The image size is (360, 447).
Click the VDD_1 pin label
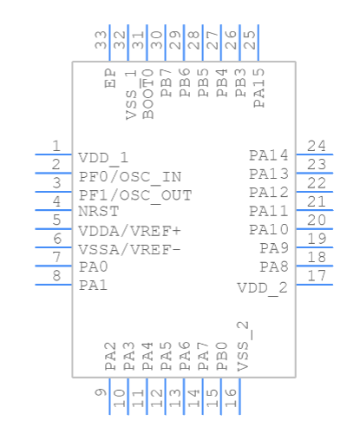click(x=103, y=158)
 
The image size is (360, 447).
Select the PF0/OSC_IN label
click(x=130, y=176)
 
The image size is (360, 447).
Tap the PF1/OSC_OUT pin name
click(x=135, y=195)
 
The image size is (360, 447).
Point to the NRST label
click(x=95, y=211)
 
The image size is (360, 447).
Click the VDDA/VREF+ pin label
click(x=129, y=231)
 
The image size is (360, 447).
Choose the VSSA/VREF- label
click(x=129, y=249)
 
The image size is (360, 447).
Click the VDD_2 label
click(x=262, y=287)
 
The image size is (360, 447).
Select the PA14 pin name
click(x=268, y=155)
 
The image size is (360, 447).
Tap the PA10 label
click(x=268, y=230)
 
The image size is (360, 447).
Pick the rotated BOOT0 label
click(x=147, y=94)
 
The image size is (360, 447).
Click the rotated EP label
click(x=110, y=81)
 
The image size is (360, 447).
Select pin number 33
click(x=101, y=39)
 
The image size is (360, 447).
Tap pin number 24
click(x=317, y=146)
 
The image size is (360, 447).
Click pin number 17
click(x=317, y=276)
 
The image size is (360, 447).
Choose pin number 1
click(x=56, y=146)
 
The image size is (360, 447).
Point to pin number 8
click(x=56, y=276)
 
